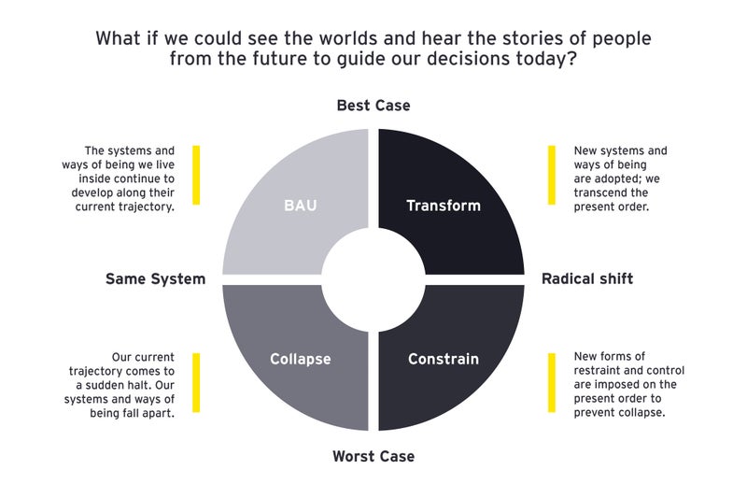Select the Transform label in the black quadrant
[x=444, y=206]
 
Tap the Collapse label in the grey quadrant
[x=300, y=359]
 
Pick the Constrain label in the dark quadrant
[x=444, y=359]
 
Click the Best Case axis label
[x=373, y=106]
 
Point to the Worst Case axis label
[x=373, y=457]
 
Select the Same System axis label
[x=155, y=278]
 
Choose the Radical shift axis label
[x=587, y=278]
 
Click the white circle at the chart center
[x=373, y=278]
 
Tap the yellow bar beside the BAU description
[x=196, y=175]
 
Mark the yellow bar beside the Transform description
[x=551, y=175]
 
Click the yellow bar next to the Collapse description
[x=196, y=382]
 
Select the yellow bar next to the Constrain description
[x=551, y=382]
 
